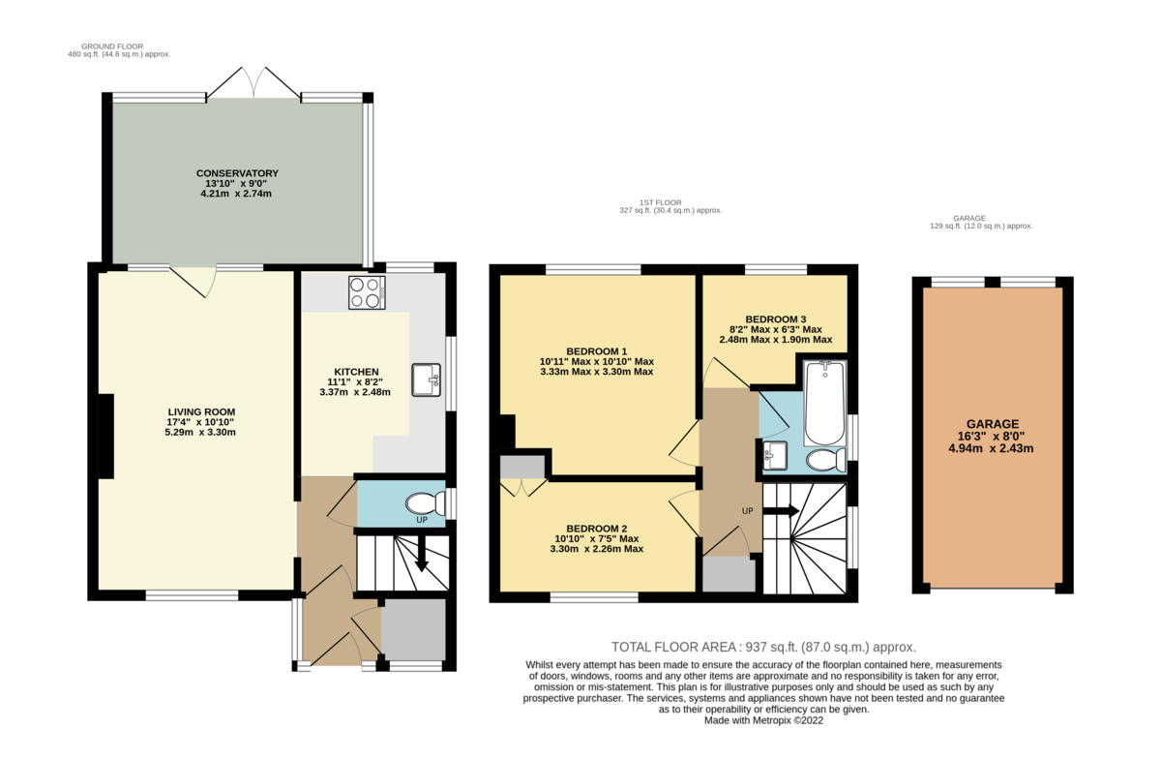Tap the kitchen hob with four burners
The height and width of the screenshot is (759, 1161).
coord(367,292)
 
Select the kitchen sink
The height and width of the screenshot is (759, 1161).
coord(426,380)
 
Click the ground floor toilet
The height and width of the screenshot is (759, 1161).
coord(423,503)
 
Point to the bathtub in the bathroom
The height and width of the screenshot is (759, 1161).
coord(825,400)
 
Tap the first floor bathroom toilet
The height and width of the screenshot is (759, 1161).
coord(825,459)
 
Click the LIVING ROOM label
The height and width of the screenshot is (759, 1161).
coord(201,411)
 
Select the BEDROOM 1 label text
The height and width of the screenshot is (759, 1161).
coord(597,350)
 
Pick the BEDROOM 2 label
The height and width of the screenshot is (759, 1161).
coord(597,529)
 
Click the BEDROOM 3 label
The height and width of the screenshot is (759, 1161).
coord(775,319)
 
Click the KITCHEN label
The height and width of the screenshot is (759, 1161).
coord(355,372)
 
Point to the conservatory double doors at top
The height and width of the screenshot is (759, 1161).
coord(253,85)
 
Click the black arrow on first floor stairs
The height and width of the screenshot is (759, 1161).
coord(783,510)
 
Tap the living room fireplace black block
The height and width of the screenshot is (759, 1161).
coord(104,436)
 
